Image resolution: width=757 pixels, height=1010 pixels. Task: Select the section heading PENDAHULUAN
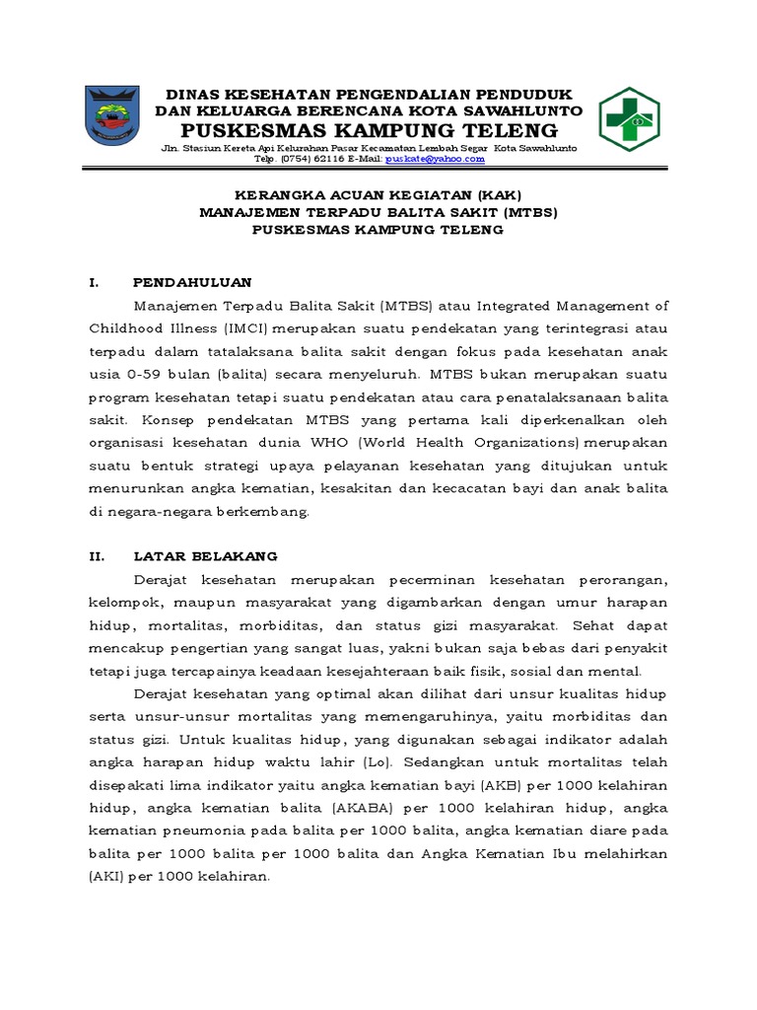(193, 282)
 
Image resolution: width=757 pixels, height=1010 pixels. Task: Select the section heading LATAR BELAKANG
(206, 556)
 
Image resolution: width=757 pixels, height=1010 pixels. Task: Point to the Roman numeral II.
(97, 556)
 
